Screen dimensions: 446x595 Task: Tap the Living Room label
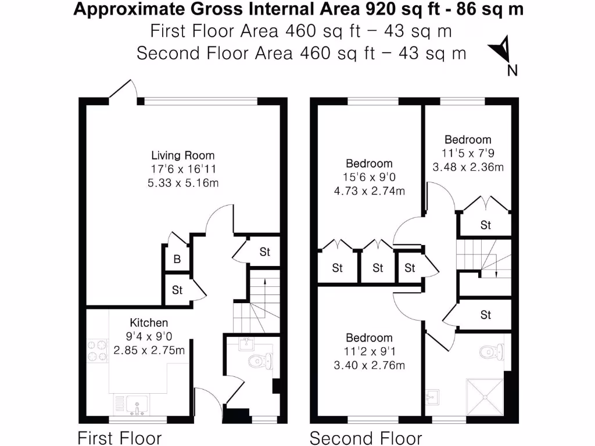coord(182,156)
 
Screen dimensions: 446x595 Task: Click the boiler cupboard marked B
coord(177,260)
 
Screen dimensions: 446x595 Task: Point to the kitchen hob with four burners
coord(97,350)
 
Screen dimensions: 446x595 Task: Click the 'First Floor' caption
coord(120,437)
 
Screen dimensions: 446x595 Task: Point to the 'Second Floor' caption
coord(365,437)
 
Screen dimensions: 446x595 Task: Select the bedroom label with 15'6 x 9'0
coord(369,164)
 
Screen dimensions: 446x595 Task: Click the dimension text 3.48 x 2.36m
coord(468,167)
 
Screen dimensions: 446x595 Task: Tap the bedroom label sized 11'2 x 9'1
coord(369,338)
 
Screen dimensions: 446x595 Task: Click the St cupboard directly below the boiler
coord(177,290)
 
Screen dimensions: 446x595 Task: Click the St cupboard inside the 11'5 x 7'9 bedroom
coord(485,225)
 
